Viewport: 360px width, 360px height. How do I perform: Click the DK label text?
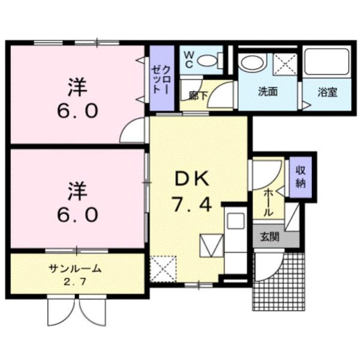191,179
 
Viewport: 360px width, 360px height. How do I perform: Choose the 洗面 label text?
268,92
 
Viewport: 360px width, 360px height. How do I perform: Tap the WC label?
187,57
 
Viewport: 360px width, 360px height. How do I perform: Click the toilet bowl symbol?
208,60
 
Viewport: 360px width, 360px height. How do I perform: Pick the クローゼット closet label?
161,78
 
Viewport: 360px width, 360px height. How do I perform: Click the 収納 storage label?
300,176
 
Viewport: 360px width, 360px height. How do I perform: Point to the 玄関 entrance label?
269,236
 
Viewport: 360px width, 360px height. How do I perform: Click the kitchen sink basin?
235,221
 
